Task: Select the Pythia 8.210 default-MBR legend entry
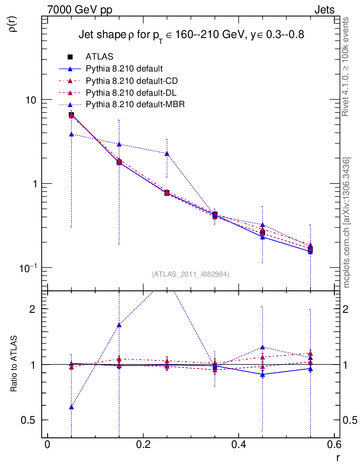point(135,104)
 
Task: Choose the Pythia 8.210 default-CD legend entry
point(131,81)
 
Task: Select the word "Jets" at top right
point(324,9)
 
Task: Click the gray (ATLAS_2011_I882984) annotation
point(191,274)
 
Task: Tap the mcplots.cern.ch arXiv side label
point(347,223)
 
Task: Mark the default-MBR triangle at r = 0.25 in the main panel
point(167,153)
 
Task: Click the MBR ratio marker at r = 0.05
point(71,407)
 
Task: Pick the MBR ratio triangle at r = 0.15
point(119,325)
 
